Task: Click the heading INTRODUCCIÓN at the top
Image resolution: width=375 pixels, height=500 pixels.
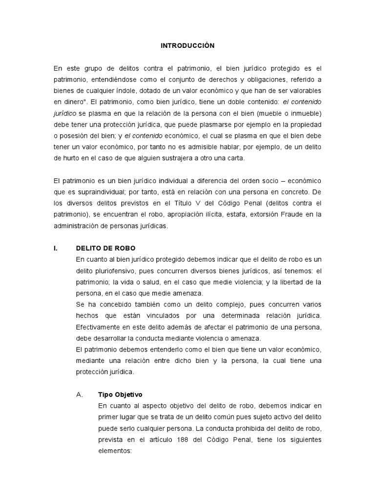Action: pos(188,45)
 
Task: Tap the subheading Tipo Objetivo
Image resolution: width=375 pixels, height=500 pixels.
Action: pos(121,395)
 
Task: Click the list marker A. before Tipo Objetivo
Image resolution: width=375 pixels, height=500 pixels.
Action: pos(81,395)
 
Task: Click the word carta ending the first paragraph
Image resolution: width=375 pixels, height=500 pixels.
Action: pos(235,158)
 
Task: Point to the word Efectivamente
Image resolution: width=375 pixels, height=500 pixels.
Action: pos(102,327)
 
